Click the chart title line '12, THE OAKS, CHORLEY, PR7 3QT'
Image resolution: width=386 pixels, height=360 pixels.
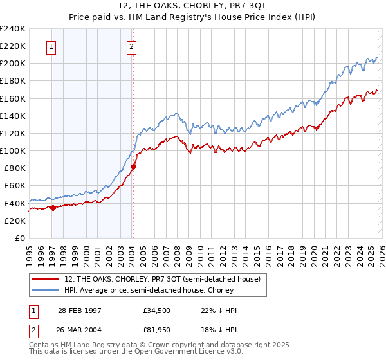coord(192,6)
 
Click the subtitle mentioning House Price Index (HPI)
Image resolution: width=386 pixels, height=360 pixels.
coord(192,17)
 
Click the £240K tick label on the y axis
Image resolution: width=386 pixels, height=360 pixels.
coord(13,29)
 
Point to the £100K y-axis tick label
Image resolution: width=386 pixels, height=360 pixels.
coord(13,150)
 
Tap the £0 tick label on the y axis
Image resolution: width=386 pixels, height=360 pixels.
coord(19,238)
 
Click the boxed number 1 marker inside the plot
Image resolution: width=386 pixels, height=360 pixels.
coord(51,46)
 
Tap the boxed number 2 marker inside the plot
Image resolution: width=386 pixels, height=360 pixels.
coord(131,46)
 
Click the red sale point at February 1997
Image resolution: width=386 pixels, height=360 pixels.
coord(53,208)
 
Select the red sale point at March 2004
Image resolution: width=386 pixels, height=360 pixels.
coord(133,166)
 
